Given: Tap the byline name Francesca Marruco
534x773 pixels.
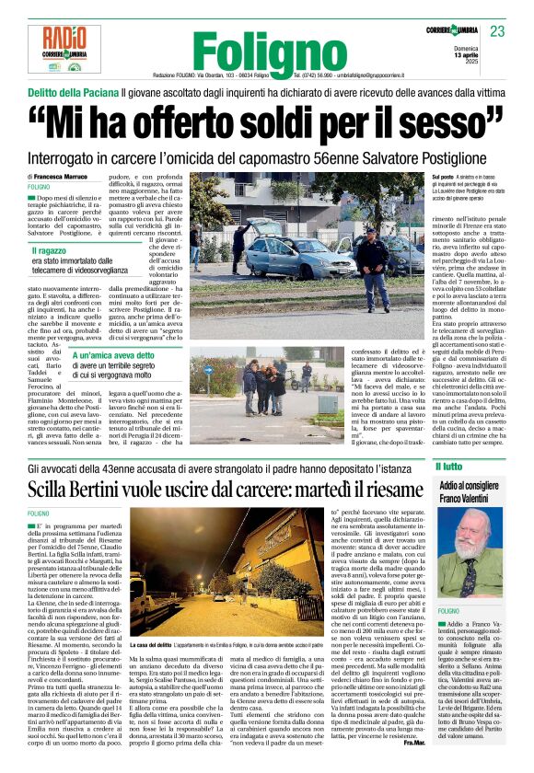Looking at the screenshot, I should coord(72,176).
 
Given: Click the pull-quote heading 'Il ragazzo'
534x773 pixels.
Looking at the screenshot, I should coord(52,250).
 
